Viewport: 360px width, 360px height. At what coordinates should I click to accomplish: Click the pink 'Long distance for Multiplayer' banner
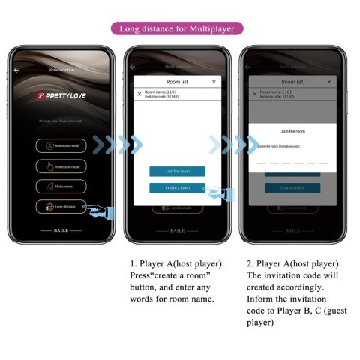click(x=178, y=29)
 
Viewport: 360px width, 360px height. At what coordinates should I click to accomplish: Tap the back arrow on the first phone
click(x=16, y=69)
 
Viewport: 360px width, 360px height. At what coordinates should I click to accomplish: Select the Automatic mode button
click(x=62, y=146)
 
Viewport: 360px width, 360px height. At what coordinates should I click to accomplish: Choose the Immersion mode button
click(x=62, y=166)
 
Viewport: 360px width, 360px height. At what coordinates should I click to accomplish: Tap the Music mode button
click(x=62, y=185)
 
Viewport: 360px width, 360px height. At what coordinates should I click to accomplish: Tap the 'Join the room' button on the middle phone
click(x=177, y=171)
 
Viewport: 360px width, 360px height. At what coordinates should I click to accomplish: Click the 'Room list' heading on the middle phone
click(x=177, y=81)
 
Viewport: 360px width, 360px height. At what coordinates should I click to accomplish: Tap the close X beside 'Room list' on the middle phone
click(x=214, y=81)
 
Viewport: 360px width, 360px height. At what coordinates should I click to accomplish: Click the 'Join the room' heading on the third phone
click(x=292, y=131)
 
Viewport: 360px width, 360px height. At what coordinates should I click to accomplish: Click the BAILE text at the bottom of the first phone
click(x=62, y=230)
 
